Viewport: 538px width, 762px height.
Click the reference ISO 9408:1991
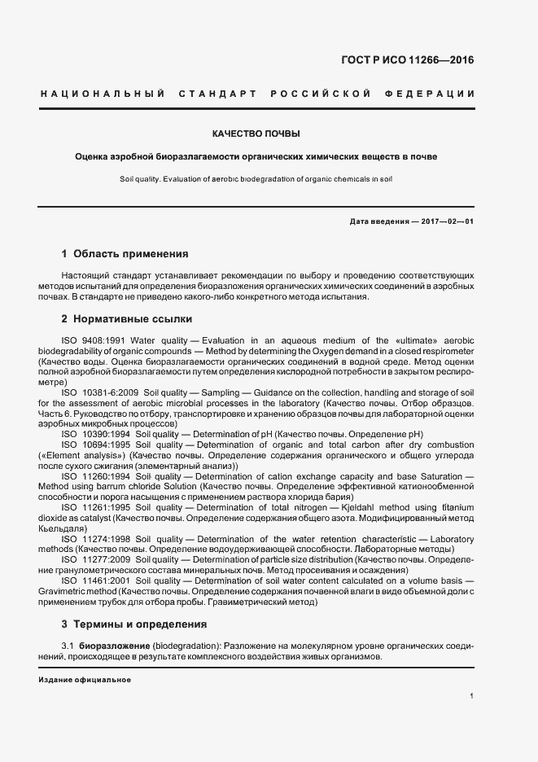(x=93, y=339)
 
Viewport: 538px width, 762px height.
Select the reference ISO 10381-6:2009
(x=99, y=392)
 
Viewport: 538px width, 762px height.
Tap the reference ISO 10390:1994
(x=94, y=435)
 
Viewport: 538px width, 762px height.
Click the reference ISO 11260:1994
(x=94, y=476)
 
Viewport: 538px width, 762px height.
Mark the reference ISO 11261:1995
(x=94, y=508)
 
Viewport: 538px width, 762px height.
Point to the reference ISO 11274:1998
(x=94, y=539)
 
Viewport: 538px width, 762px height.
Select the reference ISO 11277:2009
(x=94, y=560)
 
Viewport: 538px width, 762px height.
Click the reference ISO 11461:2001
(x=94, y=581)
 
